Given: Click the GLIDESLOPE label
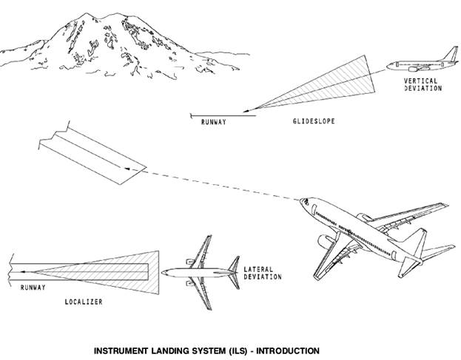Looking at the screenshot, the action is pyautogui.click(x=314, y=121).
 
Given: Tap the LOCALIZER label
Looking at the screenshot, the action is pyautogui.click(x=84, y=302).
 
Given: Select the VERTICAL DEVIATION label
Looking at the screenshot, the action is pyautogui.click(x=423, y=84).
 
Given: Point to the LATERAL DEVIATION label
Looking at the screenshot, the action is pyautogui.click(x=263, y=273).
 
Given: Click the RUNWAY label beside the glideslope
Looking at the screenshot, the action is pyautogui.click(x=214, y=122).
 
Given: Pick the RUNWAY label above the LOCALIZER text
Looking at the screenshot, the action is pyautogui.click(x=33, y=287).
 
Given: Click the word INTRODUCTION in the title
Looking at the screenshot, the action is pyautogui.click(x=288, y=350).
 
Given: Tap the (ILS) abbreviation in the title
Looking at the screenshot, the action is pyautogui.click(x=237, y=350).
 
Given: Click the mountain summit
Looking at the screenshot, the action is pyautogui.click(x=87, y=13).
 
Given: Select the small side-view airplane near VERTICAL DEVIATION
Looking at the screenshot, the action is pyautogui.click(x=423, y=61).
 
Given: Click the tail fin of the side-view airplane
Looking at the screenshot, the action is pyautogui.click(x=451, y=54).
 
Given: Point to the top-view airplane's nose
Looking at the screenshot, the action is pyautogui.click(x=163, y=273).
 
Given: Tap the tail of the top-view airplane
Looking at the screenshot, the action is pyautogui.click(x=235, y=273).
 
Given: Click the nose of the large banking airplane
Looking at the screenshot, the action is pyautogui.click(x=302, y=201).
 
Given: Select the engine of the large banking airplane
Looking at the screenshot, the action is pyautogui.click(x=325, y=242).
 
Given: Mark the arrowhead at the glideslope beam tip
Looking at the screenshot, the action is pyautogui.click(x=246, y=111).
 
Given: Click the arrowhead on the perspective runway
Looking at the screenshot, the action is pyautogui.click(x=127, y=169).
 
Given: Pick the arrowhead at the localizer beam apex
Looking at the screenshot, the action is pyautogui.click(x=24, y=271).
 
